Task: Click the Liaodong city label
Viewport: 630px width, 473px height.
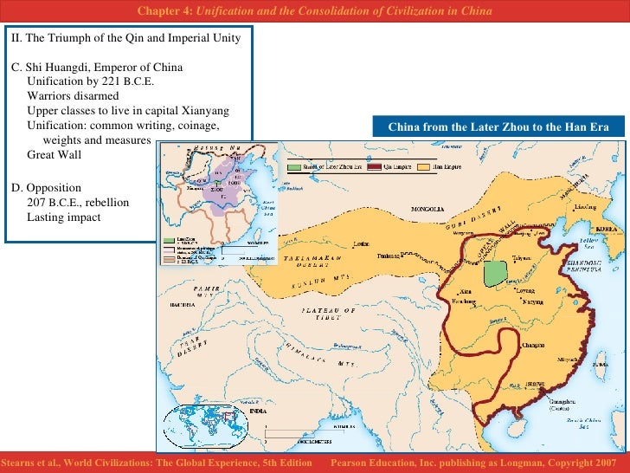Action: click(586, 208)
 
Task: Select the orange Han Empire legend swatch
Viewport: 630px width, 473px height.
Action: click(424, 165)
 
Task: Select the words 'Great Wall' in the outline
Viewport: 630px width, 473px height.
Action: click(54, 154)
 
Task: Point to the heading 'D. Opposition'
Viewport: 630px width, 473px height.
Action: click(46, 187)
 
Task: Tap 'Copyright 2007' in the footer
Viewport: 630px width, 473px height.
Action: click(585, 464)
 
